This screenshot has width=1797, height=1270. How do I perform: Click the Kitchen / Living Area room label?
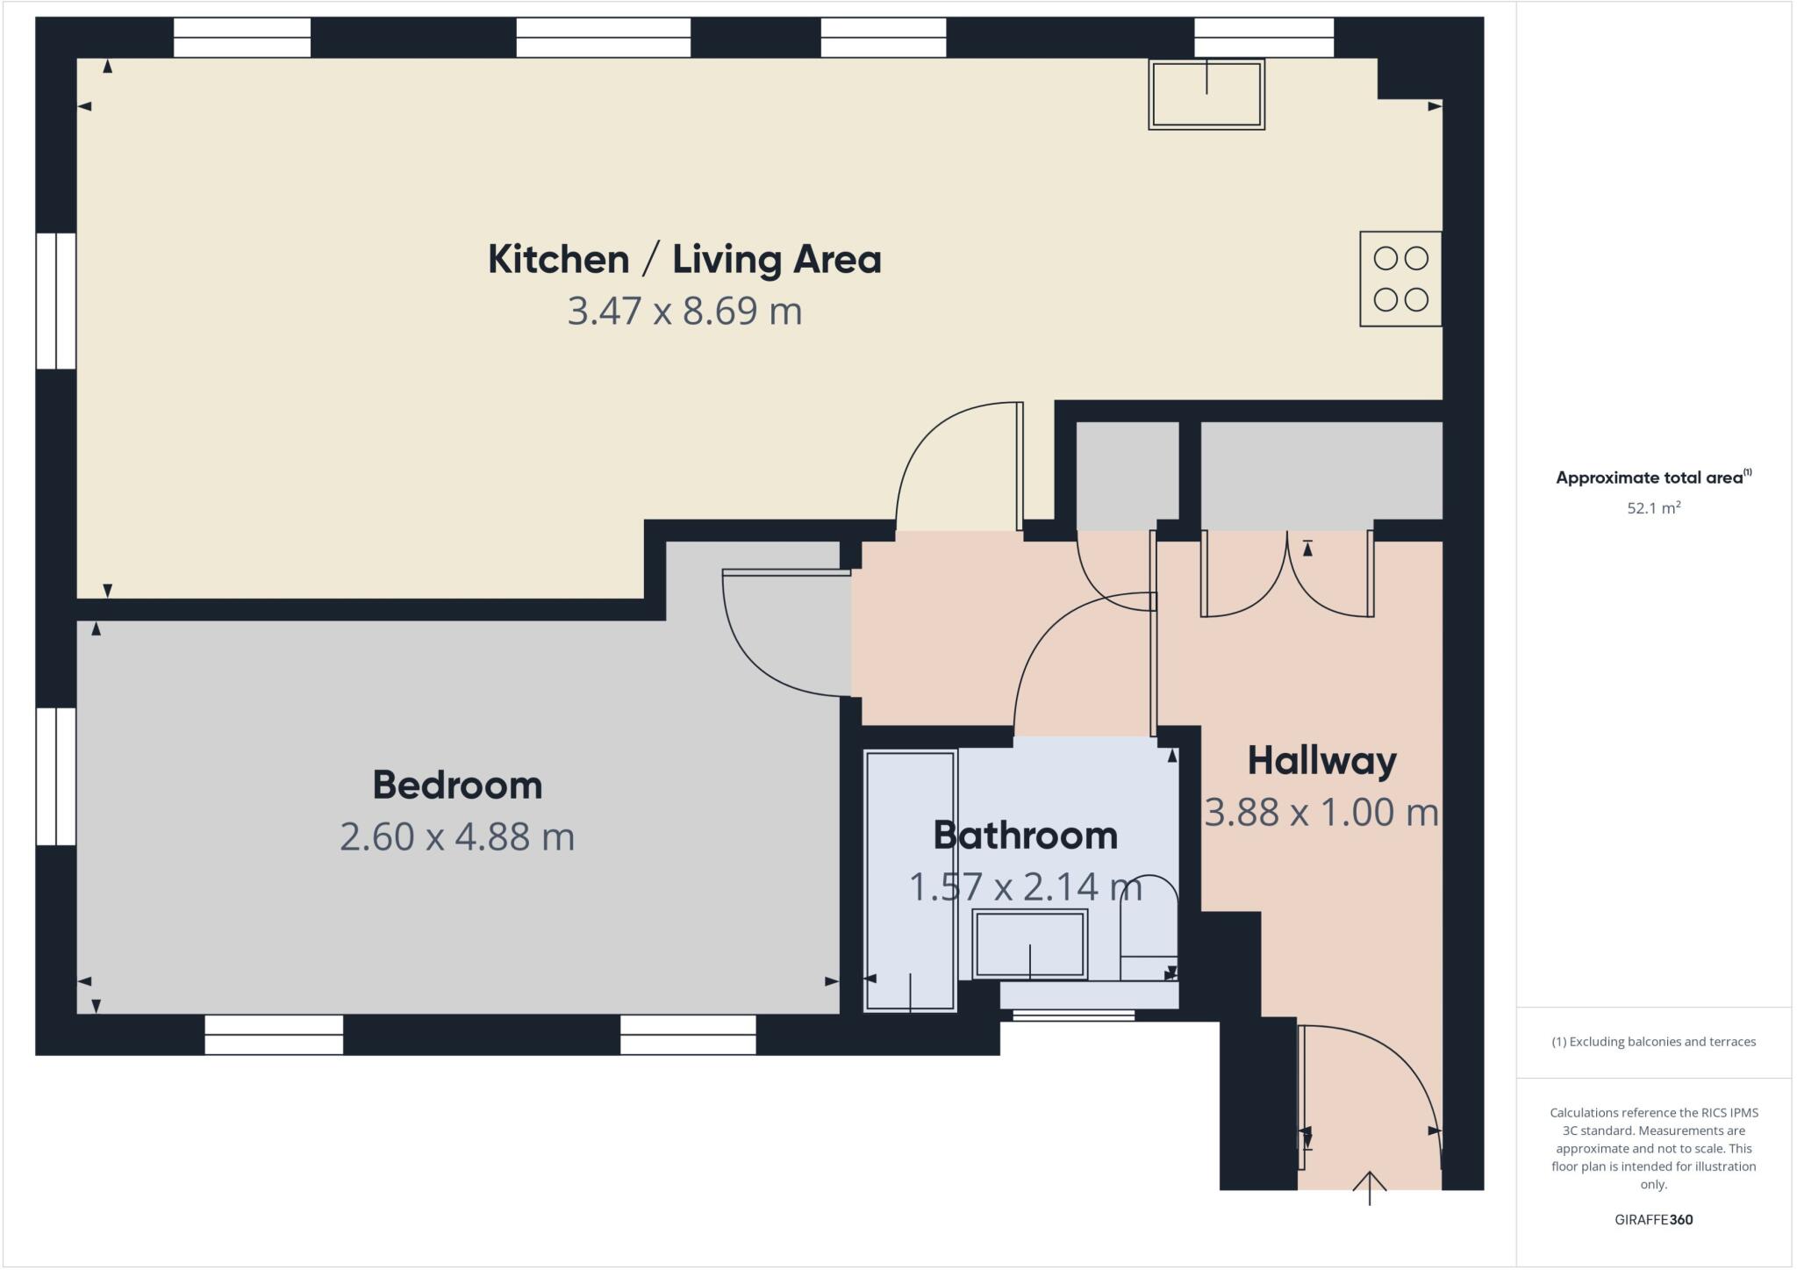click(684, 260)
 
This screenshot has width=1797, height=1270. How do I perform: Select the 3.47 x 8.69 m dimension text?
click(684, 312)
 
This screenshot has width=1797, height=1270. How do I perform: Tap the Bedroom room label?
click(457, 785)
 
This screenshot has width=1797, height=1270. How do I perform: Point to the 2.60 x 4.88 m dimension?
click(457, 836)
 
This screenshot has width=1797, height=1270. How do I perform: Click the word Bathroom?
click(1025, 836)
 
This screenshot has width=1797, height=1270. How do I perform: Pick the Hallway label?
click(1321, 761)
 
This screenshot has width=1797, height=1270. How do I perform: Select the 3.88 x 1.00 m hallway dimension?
click(1321, 813)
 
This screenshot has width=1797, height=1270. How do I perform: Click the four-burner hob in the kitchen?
click(1400, 279)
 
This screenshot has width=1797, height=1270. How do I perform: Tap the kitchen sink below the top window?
click(1206, 95)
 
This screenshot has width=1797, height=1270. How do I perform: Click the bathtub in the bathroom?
click(910, 880)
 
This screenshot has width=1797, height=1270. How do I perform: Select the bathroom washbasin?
click(1030, 945)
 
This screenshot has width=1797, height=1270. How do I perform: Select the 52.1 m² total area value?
click(1653, 508)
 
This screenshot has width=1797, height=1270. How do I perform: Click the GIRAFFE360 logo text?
click(1653, 1219)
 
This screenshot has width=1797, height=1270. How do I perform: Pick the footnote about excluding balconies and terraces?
click(1653, 1042)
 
